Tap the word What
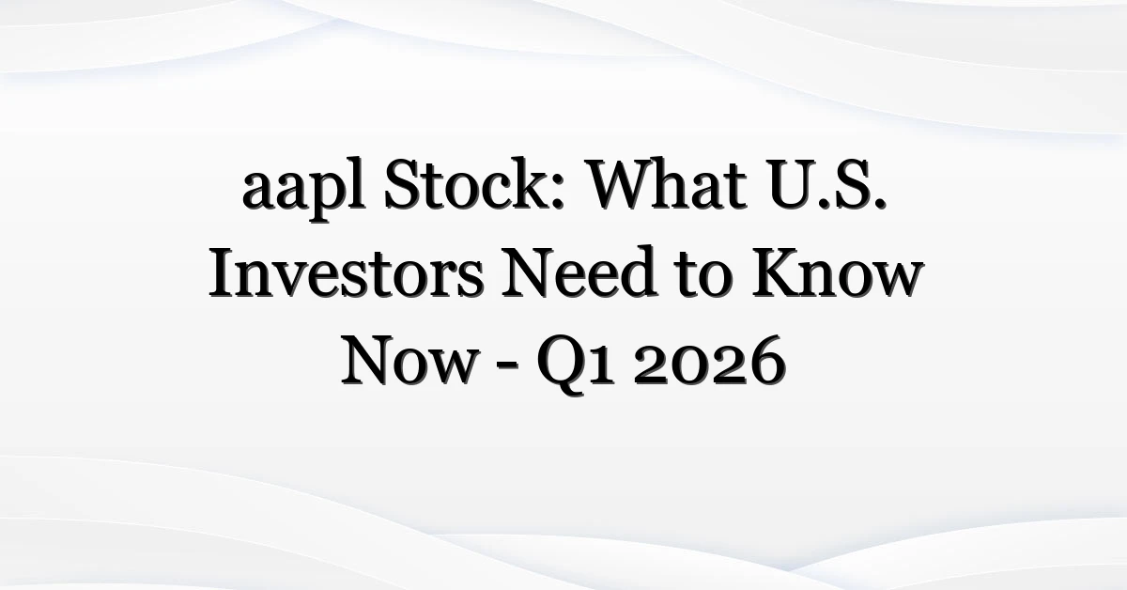click(667, 184)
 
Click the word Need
click(579, 272)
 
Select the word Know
click(837, 272)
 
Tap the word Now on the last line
click(409, 361)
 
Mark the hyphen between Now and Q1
click(506, 368)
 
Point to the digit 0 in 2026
click(686, 368)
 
